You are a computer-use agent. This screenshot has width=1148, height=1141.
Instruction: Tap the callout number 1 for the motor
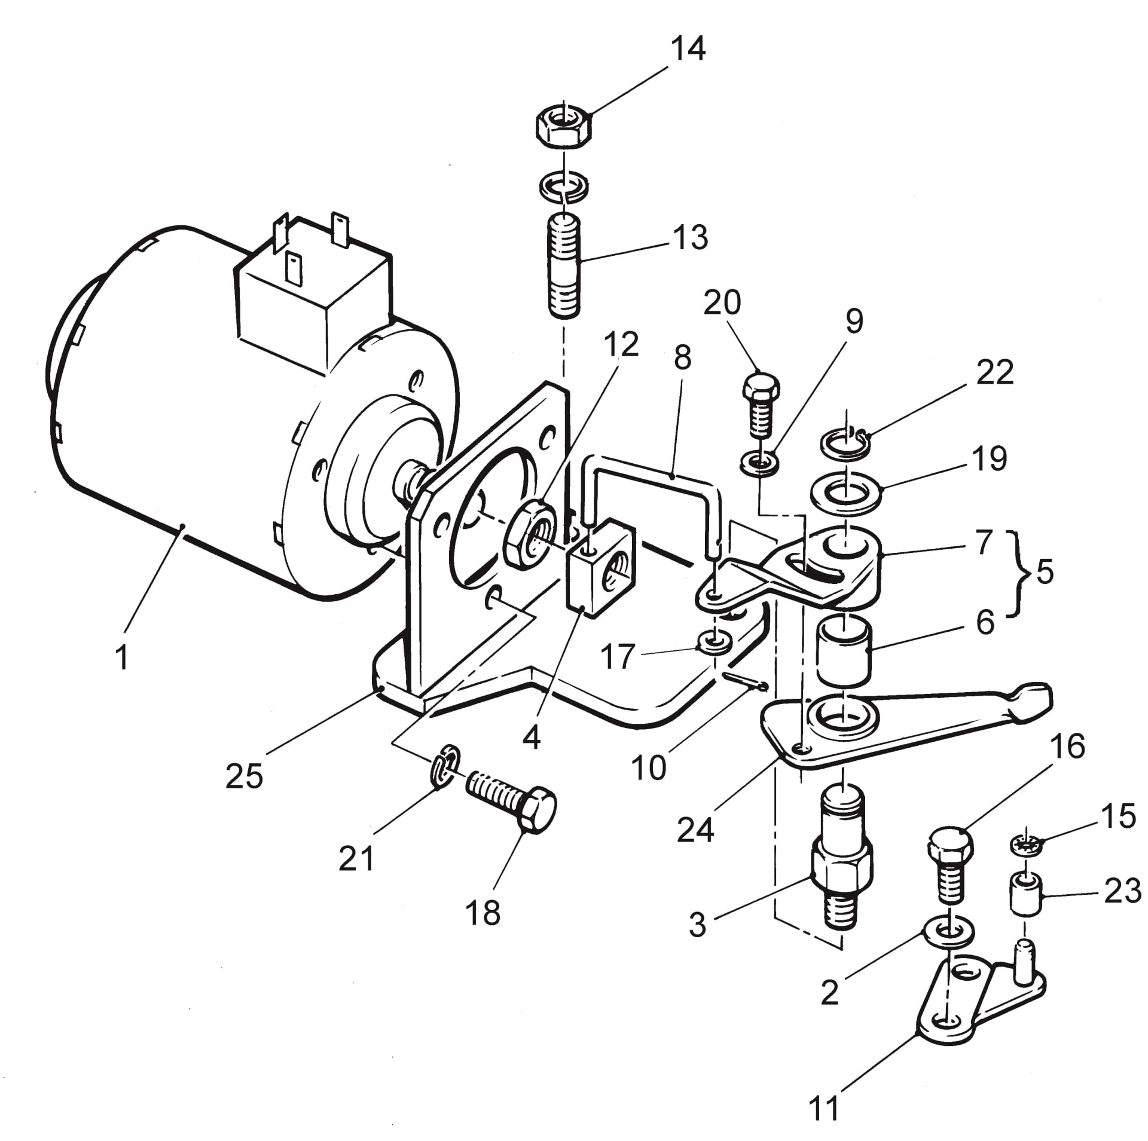click(x=122, y=657)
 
